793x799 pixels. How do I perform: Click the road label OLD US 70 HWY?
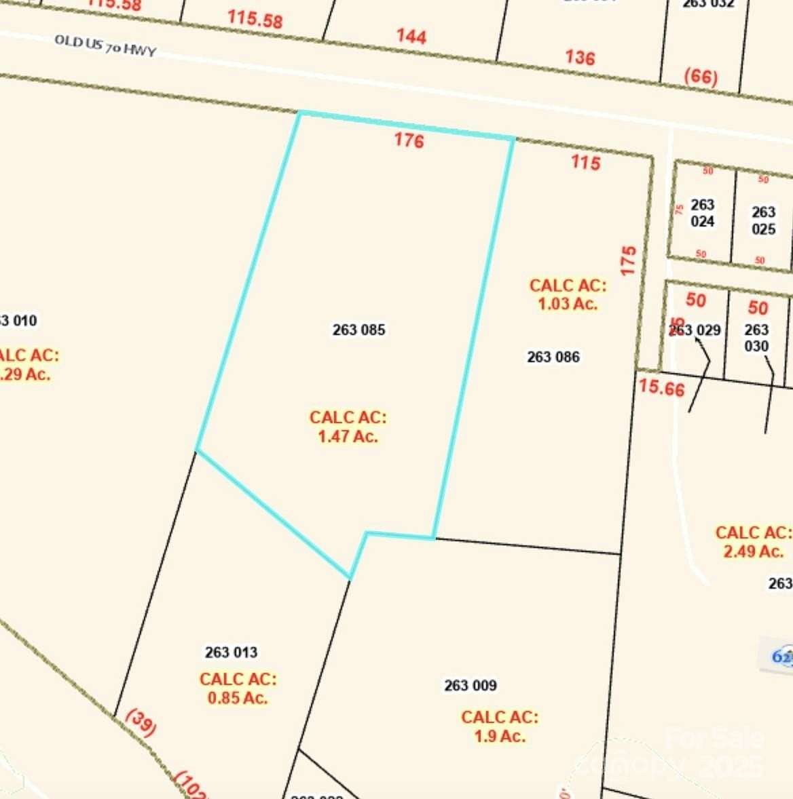coord(105,45)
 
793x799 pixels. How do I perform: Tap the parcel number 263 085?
coord(358,330)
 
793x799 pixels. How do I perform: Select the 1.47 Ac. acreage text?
coord(348,436)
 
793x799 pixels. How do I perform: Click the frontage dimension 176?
coord(409,140)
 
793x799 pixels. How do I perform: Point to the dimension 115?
coord(585,162)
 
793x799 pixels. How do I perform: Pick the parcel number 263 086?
coord(553,357)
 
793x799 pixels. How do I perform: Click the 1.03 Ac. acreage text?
coord(568,303)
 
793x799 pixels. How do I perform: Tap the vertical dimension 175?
coord(629,260)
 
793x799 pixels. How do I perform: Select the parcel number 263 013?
coord(231,652)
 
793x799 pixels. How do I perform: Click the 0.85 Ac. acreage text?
coord(238,697)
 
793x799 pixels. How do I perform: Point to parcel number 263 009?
coord(471,686)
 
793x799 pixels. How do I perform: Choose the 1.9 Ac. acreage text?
coord(500,736)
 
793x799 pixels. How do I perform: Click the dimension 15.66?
coord(661,387)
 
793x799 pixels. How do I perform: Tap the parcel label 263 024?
coord(703,213)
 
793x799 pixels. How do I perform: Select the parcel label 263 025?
coord(763,220)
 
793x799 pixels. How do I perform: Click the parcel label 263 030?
coord(756,338)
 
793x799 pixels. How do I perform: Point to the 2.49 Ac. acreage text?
coord(754,551)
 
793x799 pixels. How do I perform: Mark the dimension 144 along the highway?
coord(411,36)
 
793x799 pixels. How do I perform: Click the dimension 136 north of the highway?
coord(580,58)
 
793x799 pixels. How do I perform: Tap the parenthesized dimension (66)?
coord(701,76)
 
